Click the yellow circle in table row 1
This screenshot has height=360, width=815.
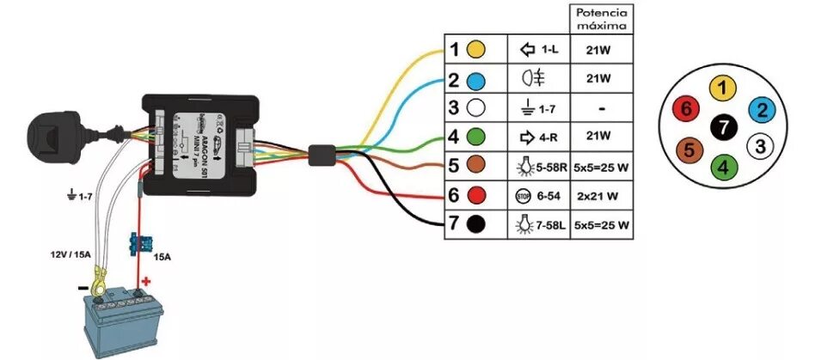475,50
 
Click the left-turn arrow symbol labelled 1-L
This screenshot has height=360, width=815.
527,50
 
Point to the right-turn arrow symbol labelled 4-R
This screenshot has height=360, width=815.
527,136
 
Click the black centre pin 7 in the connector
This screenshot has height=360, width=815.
723,127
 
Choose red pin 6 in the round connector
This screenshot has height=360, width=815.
684,109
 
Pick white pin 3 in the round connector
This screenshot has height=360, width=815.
759,146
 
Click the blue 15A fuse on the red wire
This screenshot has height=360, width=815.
135,244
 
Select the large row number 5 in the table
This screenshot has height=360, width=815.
454,166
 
